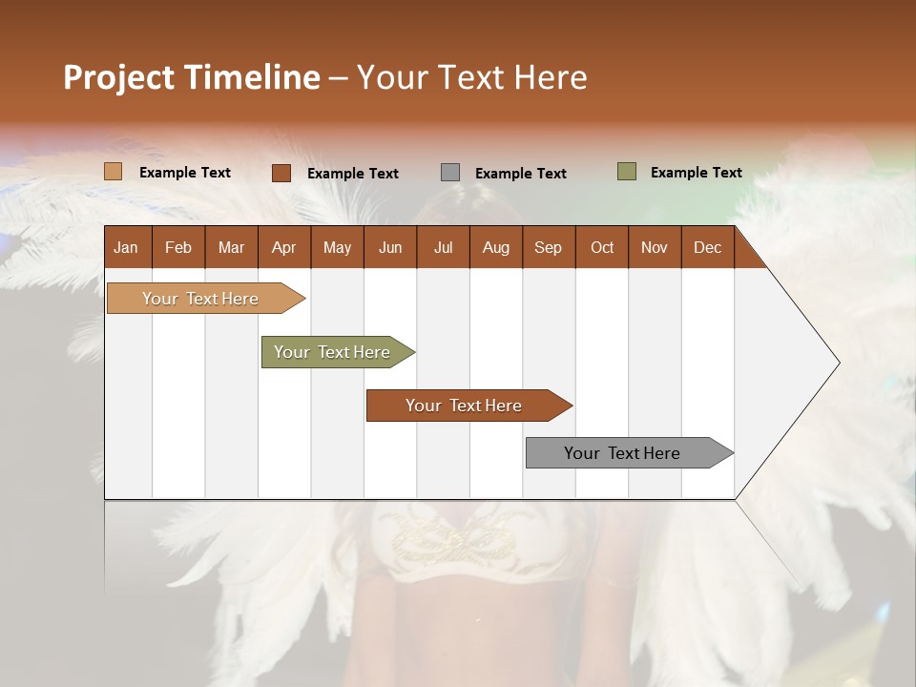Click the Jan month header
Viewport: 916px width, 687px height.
click(127, 247)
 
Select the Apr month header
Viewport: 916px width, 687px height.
click(284, 247)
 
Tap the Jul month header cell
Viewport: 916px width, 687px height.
click(443, 247)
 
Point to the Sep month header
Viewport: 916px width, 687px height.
click(549, 247)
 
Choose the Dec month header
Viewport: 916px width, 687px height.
click(707, 247)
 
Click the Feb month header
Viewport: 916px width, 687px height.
click(178, 247)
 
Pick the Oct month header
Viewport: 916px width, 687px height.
click(602, 247)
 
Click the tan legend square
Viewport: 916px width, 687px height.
click(113, 172)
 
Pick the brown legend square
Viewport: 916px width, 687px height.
click(281, 173)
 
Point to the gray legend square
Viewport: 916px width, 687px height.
click(450, 173)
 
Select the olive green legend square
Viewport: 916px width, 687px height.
click(626, 172)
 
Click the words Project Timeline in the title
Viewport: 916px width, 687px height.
click(192, 77)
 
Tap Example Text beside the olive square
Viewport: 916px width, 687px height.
click(696, 173)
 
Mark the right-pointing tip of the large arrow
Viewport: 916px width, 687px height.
click(837, 363)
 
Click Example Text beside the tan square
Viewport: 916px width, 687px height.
click(185, 173)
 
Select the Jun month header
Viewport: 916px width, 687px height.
click(390, 247)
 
